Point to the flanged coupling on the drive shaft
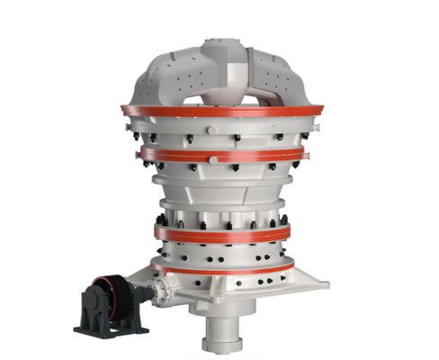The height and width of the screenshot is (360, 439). coord(161,290)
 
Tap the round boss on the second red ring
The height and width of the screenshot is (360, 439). coord(212,159)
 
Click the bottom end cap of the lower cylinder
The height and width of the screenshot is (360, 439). coord(220,346)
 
